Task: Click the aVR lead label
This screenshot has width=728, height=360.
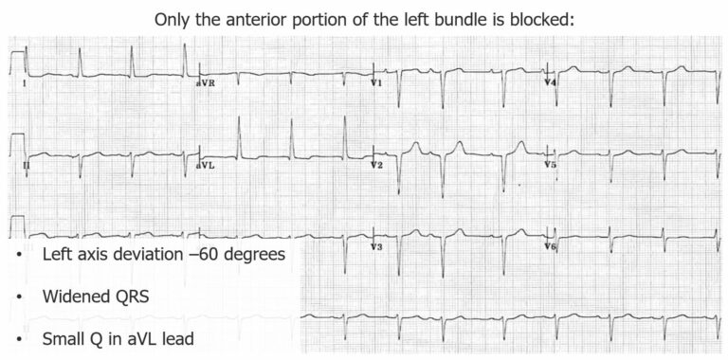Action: click(205, 83)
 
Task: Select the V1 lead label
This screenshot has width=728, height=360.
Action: click(376, 83)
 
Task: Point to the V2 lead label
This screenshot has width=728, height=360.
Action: click(376, 166)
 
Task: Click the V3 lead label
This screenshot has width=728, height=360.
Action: click(376, 246)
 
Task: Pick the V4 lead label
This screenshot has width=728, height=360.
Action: click(550, 83)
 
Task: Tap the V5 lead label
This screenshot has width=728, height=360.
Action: click(550, 165)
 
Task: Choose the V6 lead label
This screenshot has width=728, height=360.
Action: click(550, 246)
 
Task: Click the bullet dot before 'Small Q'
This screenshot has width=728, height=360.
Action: click(19, 338)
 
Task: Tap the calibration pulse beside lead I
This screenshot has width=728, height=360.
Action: click(15, 63)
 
